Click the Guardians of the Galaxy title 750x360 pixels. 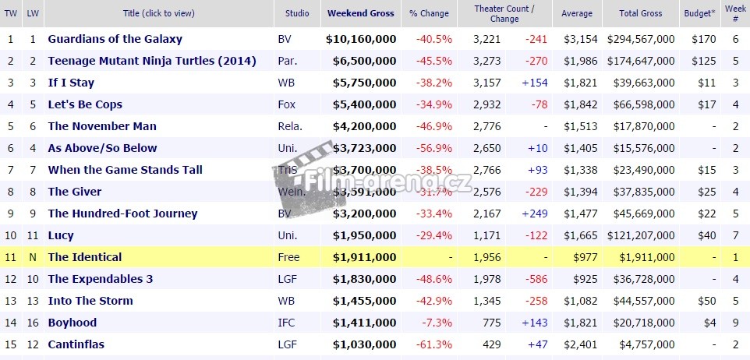(x=115, y=39)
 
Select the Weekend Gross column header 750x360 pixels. (x=360, y=13)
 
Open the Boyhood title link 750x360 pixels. (x=73, y=323)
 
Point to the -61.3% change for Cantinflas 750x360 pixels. (x=435, y=344)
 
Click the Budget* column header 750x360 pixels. (x=698, y=13)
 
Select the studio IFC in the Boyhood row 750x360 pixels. (x=286, y=323)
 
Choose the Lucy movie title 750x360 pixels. (x=61, y=235)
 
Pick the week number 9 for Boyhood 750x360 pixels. (x=735, y=323)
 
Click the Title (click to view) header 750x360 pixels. (x=158, y=13)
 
